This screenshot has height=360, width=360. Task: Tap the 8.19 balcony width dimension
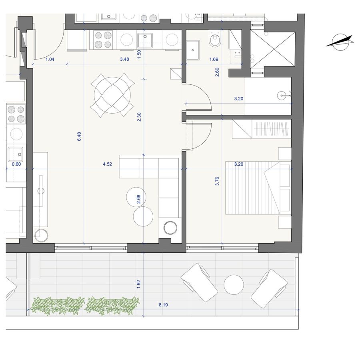(x=163, y=305)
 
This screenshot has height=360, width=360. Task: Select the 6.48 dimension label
(x=79, y=136)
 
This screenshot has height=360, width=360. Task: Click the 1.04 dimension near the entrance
(x=50, y=59)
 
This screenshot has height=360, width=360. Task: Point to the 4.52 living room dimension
(x=108, y=164)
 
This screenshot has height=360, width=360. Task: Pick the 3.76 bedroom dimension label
(x=217, y=181)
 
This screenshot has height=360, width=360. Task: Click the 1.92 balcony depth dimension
(x=138, y=284)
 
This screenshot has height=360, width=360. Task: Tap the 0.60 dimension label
(x=16, y=164)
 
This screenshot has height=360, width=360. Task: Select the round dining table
(x=112, y=95)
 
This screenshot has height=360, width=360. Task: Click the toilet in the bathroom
(x=215, y=40)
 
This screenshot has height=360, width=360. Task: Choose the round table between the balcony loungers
(x=234, y=285)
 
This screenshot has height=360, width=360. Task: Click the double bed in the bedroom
(x=258, y=188)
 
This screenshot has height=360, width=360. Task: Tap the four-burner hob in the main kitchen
(x=103, y=40)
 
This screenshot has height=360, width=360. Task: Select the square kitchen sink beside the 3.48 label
(x=145, y=40)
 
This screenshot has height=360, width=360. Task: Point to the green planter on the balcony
(x=85, y=306)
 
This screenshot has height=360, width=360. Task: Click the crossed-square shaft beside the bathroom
(x=272, y=50)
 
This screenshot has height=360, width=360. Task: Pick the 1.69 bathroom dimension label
(x=214, y=59)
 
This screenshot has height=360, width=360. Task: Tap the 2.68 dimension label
(x=138, y=199)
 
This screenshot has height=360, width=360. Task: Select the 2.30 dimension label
(x=139, y=117)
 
